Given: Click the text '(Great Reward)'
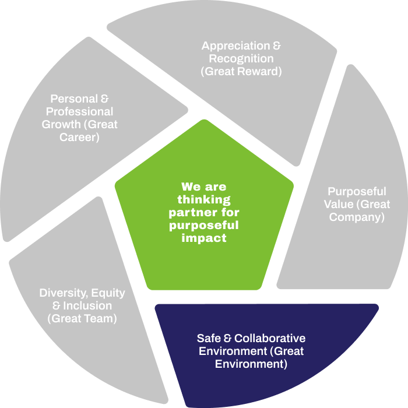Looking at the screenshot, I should (241, 72).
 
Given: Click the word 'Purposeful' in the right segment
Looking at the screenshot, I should (357, 191).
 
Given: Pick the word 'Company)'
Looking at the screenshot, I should (357, 217).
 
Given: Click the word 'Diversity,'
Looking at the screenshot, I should (62, 293).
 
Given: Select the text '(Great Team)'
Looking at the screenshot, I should (82, 319).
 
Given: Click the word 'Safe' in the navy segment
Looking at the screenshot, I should (209, 339).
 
